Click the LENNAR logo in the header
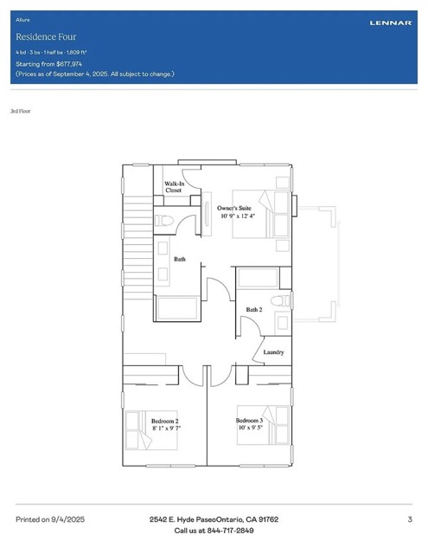pyautogui.click(x=390, y=23)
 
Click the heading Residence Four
pyautogui.click(x=46, y=37)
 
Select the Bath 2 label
pyautogui.click(x=253, y=310)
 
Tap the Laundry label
pyautogui.click(x=273, y=352)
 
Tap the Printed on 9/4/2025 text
pyautogui.click(x=50, y=519)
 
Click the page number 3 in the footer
pyautogui.click(x=409, y=519)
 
